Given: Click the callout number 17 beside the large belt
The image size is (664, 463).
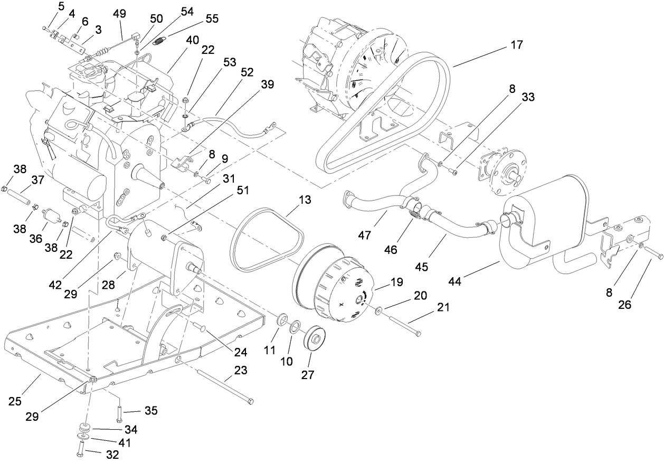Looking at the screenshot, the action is tap(517, 45).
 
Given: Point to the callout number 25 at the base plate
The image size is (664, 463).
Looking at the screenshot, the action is tap(15, 401).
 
